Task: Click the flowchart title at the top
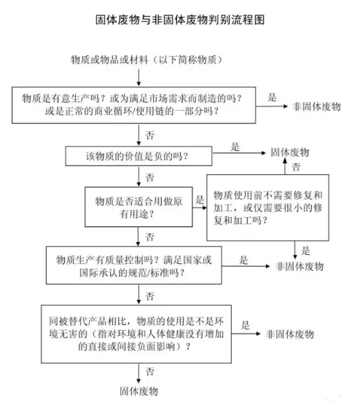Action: (x=180, y=20)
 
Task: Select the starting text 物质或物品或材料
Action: (x=109, y=60)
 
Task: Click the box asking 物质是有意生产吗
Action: (x=134, y=105)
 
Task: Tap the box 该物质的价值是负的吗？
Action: (x=138, y=156)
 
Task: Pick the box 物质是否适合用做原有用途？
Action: (x=138, y=207)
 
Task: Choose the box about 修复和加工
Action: (x=267, y=208)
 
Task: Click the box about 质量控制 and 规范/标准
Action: (x=134, y=265)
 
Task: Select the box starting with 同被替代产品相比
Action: (x=136, y=334)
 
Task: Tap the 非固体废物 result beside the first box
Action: (x=316, y=106)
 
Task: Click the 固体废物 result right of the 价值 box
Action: (x=290, y=152)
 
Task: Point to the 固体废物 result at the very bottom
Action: (x=138, y=391)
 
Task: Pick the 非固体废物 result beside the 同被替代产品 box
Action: (x=290, y=334)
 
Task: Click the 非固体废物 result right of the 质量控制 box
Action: (x=300, y=267)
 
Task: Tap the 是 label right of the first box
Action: (x=272, y=98)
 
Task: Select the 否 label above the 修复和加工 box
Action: (x=296, y=167)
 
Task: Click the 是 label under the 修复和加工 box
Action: (x=305, y=251)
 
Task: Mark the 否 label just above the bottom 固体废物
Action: (x=150, y=372)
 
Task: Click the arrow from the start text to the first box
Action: (x=138, y=77)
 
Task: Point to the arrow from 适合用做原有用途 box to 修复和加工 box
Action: (x=200, y=208)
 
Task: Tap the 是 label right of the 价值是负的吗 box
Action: (x=235, y=146)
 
